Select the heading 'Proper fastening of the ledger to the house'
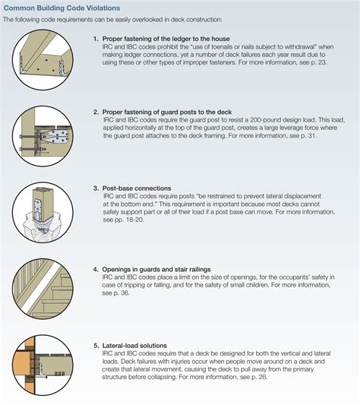(x=166, y=38)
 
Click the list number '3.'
(x=96, y=187)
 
